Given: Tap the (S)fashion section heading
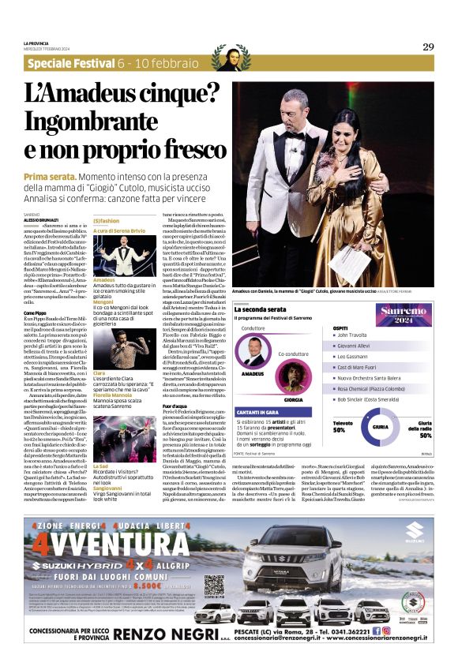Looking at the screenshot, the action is click(x=107, y=221).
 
